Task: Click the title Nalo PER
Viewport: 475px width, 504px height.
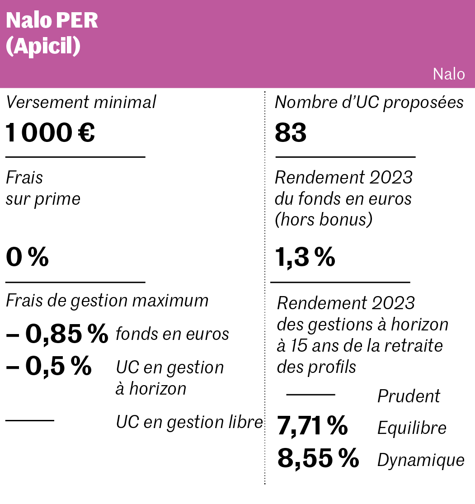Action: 52,21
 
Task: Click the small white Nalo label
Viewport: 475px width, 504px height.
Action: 448,74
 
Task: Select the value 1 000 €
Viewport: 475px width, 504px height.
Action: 50,133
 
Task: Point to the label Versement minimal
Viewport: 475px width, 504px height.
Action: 81,103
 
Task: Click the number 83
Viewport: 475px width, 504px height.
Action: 291,133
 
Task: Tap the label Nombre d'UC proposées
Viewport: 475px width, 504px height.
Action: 369,103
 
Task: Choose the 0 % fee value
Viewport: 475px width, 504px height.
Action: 27,258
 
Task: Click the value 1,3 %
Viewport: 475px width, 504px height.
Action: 305,258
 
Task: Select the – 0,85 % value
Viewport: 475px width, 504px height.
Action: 57,334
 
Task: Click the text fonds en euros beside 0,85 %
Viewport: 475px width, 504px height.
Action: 172,334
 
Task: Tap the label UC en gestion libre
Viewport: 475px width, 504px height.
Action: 189,422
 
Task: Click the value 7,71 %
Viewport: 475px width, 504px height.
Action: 312,427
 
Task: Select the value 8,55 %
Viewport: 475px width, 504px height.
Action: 318,459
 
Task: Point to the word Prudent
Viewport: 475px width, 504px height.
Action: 409,396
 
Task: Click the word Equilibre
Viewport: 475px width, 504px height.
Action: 412,428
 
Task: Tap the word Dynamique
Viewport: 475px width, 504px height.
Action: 421,460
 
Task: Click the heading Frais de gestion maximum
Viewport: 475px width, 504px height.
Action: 107,301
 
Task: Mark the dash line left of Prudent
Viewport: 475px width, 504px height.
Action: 310,395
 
